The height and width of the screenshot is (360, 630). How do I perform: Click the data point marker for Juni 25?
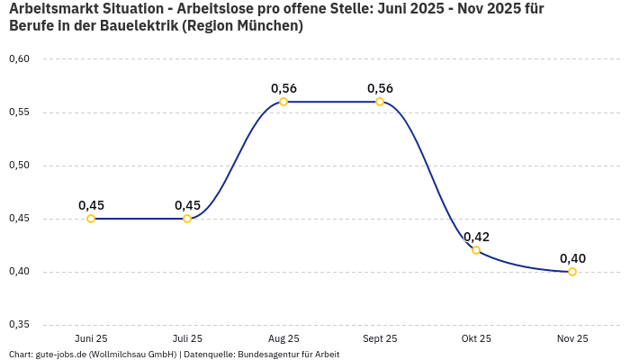point(91,219)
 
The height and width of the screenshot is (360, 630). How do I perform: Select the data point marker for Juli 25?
point(187,219)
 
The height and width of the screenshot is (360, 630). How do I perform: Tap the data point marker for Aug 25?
point(283,102)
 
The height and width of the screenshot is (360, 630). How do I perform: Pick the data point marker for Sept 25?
point(380,102)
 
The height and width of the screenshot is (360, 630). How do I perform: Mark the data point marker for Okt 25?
point(476,250)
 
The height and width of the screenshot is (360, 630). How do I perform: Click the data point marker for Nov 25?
point(572,272)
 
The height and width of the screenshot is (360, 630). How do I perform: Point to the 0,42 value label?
point(476,237)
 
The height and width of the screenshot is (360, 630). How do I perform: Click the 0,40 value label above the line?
point(572,258)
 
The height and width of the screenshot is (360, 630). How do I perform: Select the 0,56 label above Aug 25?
point(283,88)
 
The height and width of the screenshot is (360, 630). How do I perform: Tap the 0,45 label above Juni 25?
point(91,205)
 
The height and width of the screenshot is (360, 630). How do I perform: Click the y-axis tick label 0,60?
point(19,59)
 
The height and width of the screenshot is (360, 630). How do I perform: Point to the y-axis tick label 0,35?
point(19,325)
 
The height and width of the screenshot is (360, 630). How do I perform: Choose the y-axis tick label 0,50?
point(19,166)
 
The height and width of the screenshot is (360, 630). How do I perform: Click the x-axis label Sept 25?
point(380,338)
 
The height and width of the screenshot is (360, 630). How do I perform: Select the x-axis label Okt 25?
point(476,338)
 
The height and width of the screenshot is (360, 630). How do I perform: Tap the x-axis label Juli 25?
point(187,338)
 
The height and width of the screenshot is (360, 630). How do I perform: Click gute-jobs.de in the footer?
point(61,355)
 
